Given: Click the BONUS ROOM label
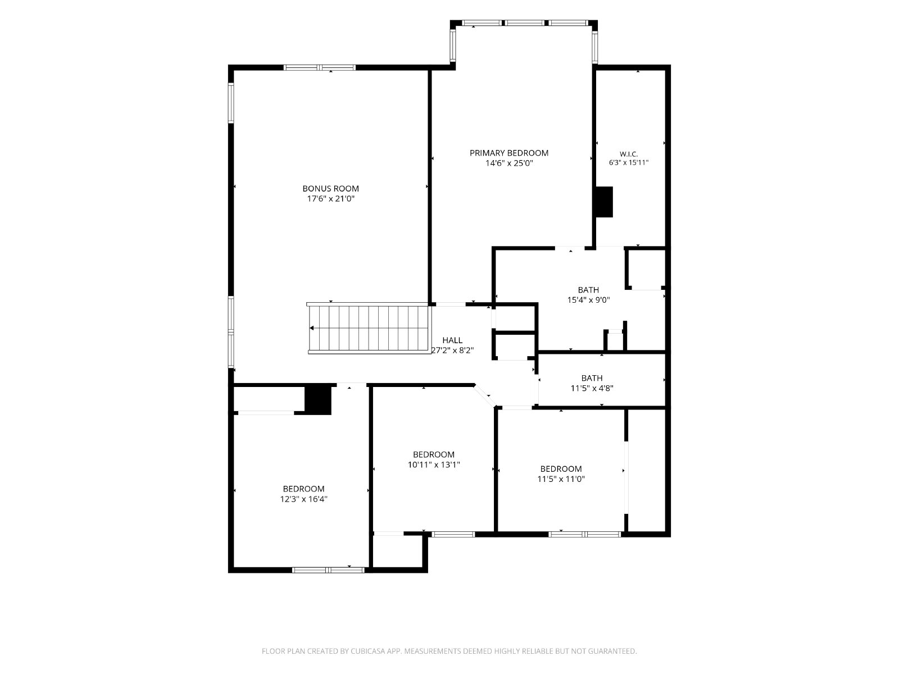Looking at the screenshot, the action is [x=330, y=189].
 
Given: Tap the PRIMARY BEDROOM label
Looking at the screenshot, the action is [x=508, y=153].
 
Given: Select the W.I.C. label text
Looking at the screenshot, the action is [x=628, y=154].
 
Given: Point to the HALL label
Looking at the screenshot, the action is [x=452, y=340].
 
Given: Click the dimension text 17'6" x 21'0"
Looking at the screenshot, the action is [x=330, y=199].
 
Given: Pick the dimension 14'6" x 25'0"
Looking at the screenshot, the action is [x=508, y=163].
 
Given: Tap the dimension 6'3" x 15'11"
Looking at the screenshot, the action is [x=628, y=162].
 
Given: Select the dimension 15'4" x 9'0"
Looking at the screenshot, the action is [x=588, y=300].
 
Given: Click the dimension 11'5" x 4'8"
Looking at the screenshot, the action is [x=592, y=388].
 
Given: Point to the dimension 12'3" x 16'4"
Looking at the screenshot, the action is [x=303, y=499].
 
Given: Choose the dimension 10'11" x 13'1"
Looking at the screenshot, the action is [x=434, y=464].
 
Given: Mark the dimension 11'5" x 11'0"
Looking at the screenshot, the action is [x=561, y=479].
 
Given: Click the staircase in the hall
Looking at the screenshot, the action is [x=368, y=328].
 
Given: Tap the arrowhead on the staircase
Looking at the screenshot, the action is [x=312, y=328].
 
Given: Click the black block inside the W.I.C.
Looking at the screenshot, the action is [x=604, y=202].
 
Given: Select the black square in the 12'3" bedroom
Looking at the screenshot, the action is [x=318, y=399].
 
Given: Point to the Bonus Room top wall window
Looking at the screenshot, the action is [x=320, y=67].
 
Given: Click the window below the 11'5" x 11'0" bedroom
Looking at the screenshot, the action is [x=584, y=534].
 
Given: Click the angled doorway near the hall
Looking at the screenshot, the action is [x=485, y=396].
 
